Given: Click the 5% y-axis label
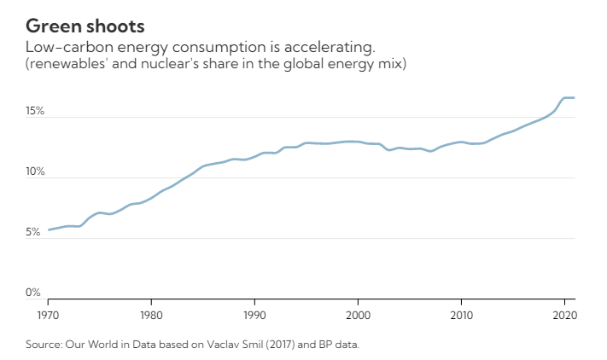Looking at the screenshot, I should pos(32,233).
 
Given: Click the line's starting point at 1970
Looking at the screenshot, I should pos(49,229).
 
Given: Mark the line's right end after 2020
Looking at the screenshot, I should pos(574,98).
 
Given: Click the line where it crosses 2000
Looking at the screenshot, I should pos(358,142).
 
